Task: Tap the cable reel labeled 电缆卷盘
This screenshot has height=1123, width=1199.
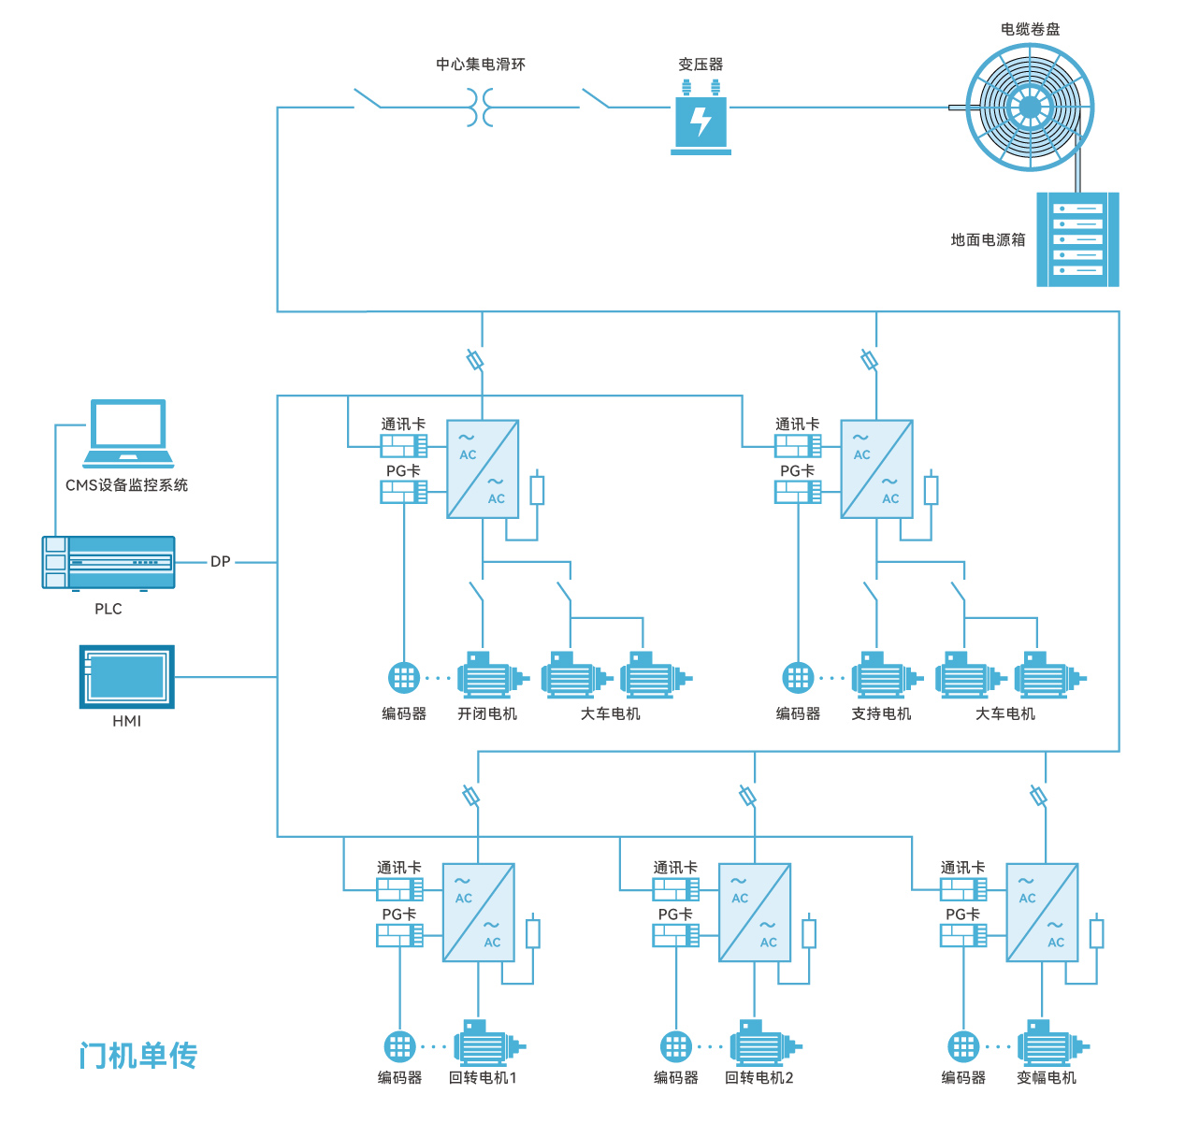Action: pos(1030,108)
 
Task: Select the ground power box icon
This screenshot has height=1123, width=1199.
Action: pos(1077,239)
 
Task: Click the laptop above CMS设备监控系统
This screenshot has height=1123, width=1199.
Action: pos(128,433)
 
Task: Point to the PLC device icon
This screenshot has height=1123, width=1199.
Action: pos(108,562)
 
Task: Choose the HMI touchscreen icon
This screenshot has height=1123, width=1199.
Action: pos(126,676)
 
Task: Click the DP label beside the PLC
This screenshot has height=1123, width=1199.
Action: pos(220,562)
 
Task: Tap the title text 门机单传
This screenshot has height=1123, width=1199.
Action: pos(138,1056)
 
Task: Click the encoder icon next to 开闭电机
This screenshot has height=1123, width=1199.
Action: pos(404,677)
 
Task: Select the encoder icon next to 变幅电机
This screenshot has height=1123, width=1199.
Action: pos(963,1045)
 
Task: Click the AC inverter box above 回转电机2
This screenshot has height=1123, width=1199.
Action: pos(755,913)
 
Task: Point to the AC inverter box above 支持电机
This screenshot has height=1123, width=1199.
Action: pos(876,469)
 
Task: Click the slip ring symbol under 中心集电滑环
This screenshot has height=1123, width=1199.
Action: pos(480,108)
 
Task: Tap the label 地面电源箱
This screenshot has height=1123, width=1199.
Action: pos(988,239)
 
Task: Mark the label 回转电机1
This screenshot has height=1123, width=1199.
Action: pos(483,1077)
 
